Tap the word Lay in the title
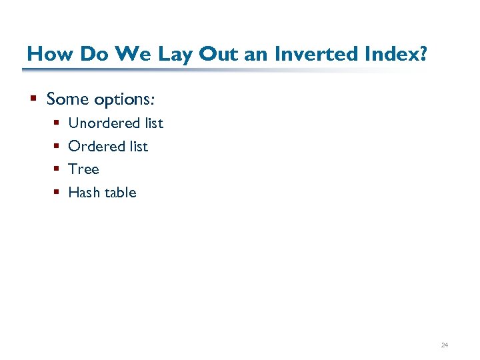point(175,53)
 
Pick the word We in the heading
point(133,53)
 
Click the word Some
point(67,99)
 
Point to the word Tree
point(83,169)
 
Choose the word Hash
point(84,193)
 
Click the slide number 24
point(444,345)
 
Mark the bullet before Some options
point(33,100)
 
